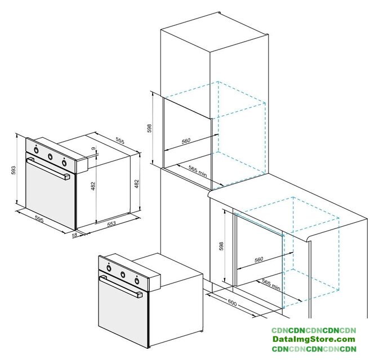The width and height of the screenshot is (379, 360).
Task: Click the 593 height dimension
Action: [x=14, y=170]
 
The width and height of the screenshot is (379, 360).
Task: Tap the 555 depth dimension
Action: [x=120, y=141]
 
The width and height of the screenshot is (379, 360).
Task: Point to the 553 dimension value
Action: [x=112, y=224]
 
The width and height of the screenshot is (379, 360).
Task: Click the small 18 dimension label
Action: [x=75, y=235]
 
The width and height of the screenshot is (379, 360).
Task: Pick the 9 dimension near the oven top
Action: [x=93, y=148]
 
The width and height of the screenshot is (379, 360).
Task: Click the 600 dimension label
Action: [x=232, y=303]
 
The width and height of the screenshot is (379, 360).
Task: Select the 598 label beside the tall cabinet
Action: [x=149, y=128]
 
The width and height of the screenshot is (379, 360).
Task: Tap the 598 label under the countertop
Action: [x=221, y=246]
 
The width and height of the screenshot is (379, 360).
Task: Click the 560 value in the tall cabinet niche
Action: [x=186, y=141]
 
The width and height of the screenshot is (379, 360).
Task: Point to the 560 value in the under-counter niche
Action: [x=258, y=259]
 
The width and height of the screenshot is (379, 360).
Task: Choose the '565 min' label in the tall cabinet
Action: [x=198, y=171]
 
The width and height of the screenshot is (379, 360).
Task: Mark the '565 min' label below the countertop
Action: [x=271, y=285]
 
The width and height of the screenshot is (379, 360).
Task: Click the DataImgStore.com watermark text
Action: [x=314, y=339]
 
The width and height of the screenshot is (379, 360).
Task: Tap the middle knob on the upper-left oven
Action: [x=50, y=157]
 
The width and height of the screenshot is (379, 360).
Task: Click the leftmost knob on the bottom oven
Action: [x=109, y=268]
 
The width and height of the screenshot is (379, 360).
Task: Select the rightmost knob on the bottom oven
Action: [x=137, y=281]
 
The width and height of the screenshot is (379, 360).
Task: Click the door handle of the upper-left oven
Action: [x=48, y=169]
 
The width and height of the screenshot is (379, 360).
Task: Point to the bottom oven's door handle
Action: [x=121, y=287]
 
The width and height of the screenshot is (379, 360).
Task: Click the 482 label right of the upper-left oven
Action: [x=137, y=184]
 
